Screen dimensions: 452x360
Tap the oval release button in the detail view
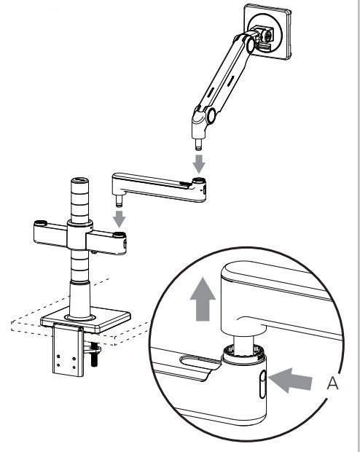tap(262, 383)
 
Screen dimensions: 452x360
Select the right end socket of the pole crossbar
tap(119, 237)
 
